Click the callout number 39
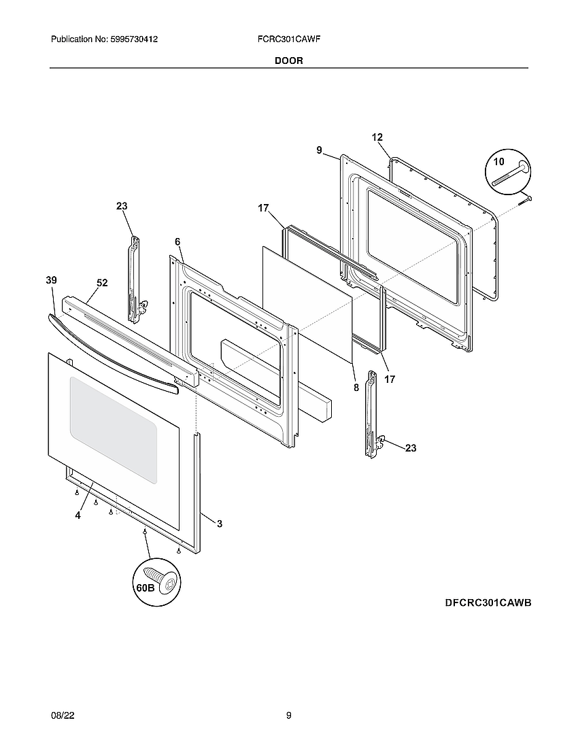click(51, 280)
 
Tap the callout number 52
click(103, 283)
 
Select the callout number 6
click(177, 242)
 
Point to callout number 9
click(319, 151)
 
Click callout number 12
click(377, 137)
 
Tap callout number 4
click(78, 515)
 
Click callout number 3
click(219, 524)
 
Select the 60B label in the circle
click(146, 587)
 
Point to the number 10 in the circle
click(499, 162)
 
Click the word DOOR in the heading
click(289, 61)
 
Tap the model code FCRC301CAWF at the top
click(285, 40)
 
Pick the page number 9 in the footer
click(289, 715)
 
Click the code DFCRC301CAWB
click(488, 603)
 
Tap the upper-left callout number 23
click(122, 206)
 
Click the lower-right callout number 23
click(411, 448)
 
